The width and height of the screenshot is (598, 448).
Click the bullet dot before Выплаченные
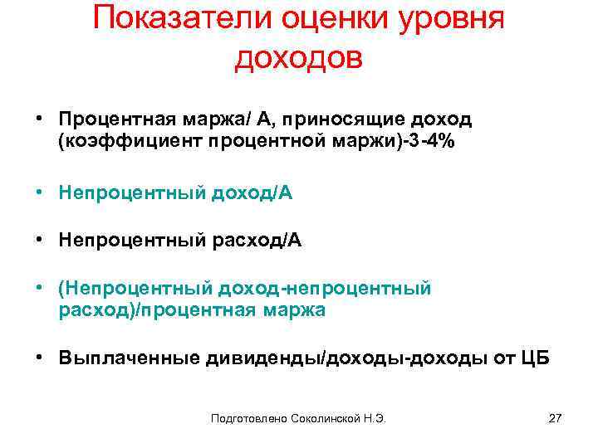point(39,358)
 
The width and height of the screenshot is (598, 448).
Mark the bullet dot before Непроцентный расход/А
point(39,241)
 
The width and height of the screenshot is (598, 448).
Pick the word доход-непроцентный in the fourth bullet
point(324,290)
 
